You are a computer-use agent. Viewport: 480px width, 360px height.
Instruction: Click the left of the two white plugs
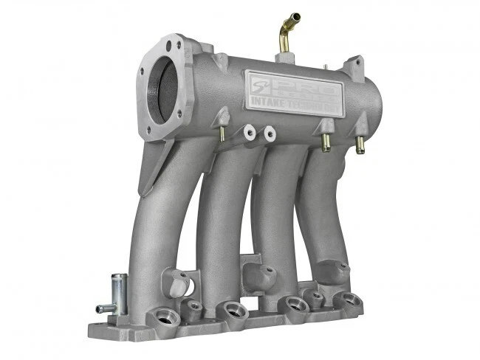coord(250,133)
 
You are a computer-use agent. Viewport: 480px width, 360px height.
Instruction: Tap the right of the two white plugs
coord(270,135)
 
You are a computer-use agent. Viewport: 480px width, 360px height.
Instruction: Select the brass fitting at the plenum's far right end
coord(360,145)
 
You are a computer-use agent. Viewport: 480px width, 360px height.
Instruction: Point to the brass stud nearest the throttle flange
coord(221,132)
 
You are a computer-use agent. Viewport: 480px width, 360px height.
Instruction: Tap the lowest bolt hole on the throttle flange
coord(152,134)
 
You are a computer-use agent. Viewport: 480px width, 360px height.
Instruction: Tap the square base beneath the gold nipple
coord(286,57)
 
